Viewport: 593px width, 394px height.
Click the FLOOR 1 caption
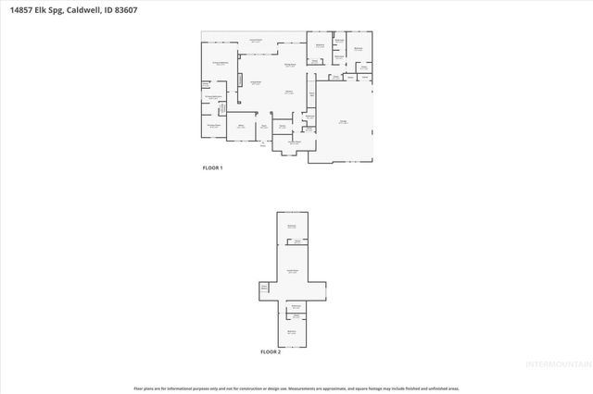click(213, 167)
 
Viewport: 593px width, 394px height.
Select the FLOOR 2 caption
click(270, 352)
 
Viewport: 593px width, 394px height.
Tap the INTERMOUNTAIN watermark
click(557, 363)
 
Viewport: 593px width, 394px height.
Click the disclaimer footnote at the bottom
click(296, 388)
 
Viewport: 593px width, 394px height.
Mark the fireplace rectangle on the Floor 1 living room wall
click(241, 80)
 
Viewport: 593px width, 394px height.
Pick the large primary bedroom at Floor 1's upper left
click(220, 65)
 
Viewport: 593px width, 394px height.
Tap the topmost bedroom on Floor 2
click(292, 227)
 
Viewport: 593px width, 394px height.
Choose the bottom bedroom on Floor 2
click(291, 331)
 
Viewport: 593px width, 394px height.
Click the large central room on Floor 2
click(292, 272)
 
